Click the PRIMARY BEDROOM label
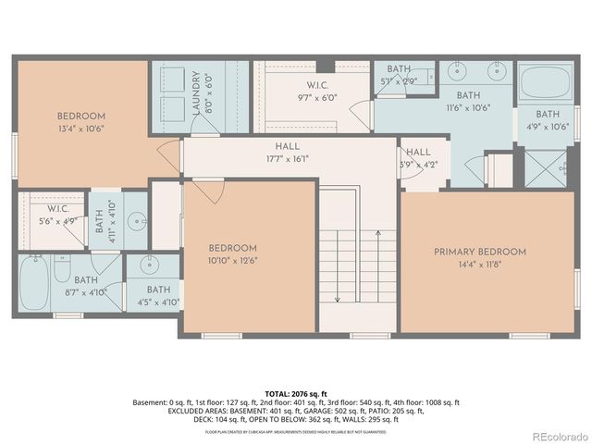tap(480, 252)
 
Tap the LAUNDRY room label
tap(196, 93)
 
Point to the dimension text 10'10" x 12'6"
tap(232, 260)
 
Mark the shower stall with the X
tap(545, 169)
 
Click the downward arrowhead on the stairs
tap(337, 298)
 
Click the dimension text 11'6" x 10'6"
tap(468, 107)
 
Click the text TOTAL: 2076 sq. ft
tap(296, 393)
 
